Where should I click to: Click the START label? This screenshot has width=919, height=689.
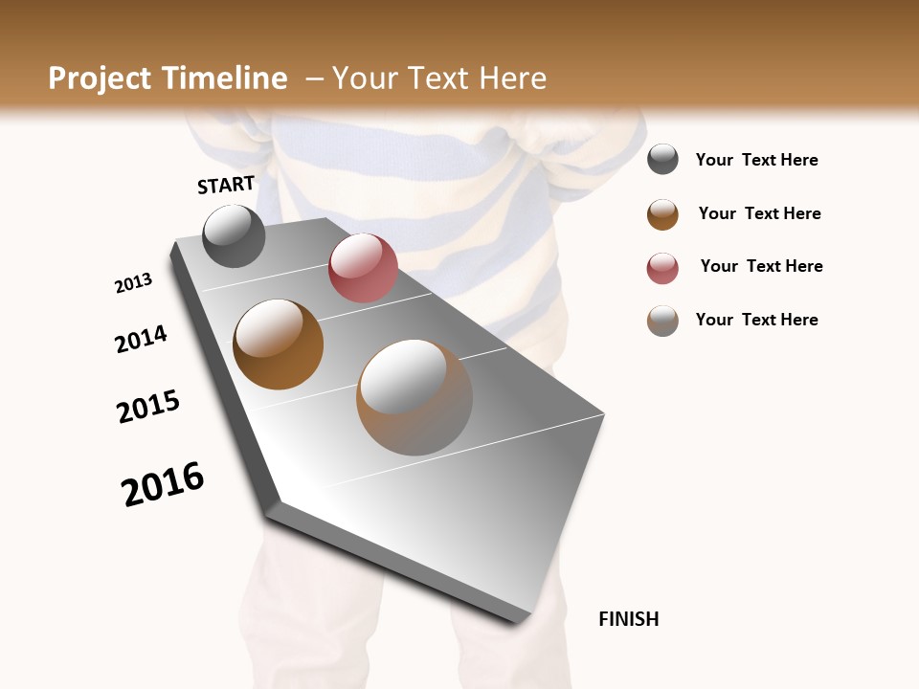tap(226, 185)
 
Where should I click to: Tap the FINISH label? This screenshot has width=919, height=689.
tap(628, 619)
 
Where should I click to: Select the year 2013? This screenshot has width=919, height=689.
tap(133, 283)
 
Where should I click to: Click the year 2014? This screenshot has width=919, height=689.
tap(141, 339)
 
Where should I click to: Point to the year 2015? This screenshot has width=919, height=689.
tap(148, 407)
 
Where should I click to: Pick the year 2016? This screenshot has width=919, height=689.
tap(163, 484)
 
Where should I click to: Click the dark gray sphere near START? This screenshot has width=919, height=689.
tap(235, 235)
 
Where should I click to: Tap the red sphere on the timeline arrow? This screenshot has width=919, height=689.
tap(363, 268)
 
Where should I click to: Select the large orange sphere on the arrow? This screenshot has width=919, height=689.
tap(279, 344)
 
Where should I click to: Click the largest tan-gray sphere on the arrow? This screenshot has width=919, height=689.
tap(415, 397)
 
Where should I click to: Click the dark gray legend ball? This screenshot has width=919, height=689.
tap(662, 159)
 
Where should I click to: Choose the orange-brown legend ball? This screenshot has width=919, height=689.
tap(662, 214)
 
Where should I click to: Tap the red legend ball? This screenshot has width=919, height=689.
tap(662, 268)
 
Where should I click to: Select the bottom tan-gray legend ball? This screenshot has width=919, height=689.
tap(662, 321)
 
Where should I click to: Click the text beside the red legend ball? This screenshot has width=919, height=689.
tap(761, 266)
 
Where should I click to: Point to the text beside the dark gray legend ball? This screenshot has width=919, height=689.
tap(756, 160)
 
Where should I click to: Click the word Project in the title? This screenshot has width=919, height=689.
tap(101, 78)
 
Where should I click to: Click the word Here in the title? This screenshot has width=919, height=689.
tap(512, 78)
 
